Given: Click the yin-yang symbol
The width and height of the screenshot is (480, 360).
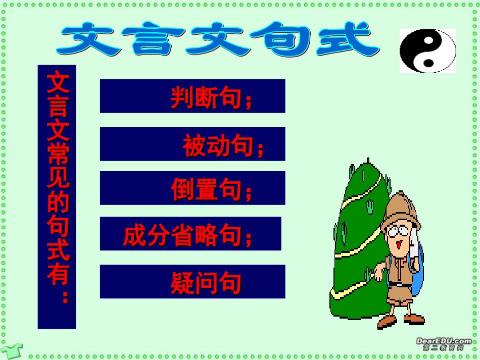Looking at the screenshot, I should [427, 50].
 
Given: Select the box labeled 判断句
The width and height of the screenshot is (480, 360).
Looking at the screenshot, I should [193, 96].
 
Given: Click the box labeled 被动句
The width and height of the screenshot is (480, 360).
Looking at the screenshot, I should [193, 144].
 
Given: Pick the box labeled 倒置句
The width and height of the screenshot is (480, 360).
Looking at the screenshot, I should [193, 188].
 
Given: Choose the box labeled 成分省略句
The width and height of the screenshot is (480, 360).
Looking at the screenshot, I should [190, 234].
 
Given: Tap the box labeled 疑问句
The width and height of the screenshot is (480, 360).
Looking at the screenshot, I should [193, 282].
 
